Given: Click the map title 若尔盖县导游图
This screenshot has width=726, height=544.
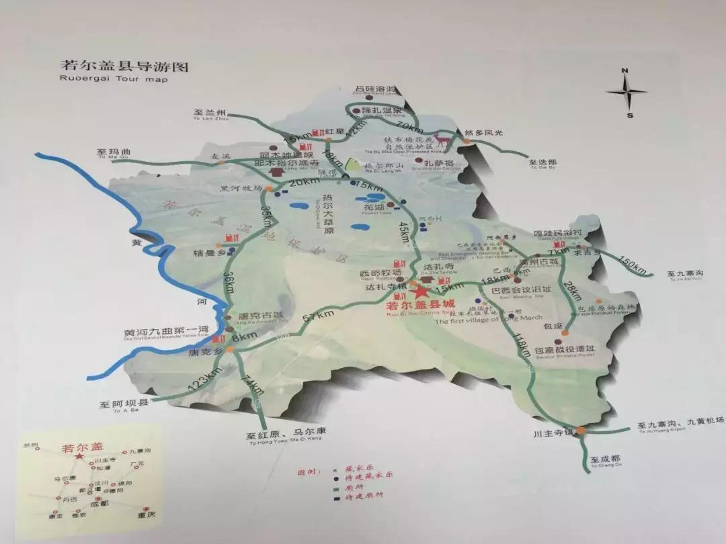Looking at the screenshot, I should (125, 66).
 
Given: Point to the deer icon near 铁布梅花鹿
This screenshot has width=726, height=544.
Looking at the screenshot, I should (442, 140).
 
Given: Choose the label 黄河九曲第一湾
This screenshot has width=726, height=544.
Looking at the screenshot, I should (166, 328).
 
